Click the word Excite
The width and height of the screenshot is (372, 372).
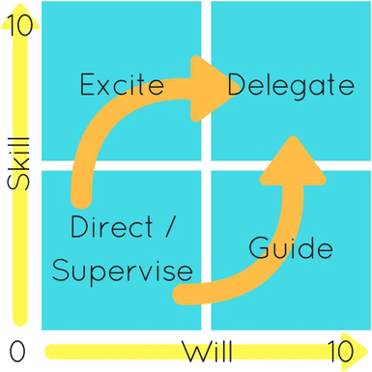tap(122, 87)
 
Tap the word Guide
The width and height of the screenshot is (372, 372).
tap(291, 248)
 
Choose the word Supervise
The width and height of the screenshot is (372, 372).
tap(122, 270)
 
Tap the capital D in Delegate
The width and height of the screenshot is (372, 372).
tap(238, 87)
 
